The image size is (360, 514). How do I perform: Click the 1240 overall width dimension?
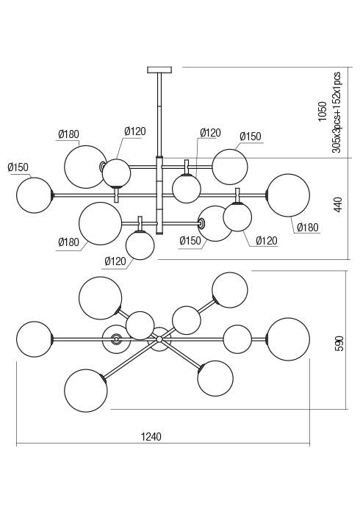coord(151,437)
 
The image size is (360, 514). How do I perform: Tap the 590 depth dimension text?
coord(339,343)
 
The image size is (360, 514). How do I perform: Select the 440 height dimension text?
coord(338,204)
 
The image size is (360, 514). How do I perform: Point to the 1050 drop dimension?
coord(323,112)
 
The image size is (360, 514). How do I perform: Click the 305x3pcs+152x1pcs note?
coord(336,112)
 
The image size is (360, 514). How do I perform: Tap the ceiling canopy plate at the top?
coord(159,70)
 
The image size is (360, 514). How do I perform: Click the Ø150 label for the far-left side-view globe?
coord(18,167)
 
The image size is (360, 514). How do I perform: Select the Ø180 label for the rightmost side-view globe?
coord(308,227)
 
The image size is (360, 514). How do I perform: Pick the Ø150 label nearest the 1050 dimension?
coord(251,137)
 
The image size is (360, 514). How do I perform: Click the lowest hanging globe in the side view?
coord(140,245)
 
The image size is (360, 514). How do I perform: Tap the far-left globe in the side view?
coord(35,195)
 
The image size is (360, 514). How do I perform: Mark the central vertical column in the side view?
coord(159,195)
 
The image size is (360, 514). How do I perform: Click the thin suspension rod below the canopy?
coord(159,115)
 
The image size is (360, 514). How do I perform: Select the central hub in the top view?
coord(159,339)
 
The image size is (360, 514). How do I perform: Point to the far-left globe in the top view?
coord(35,339)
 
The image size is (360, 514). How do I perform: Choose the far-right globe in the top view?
coord(288,339)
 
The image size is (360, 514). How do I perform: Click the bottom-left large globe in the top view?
coord(86,391)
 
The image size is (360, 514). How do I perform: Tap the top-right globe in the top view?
coord(230,290)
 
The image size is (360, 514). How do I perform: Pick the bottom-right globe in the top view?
coord(215,379)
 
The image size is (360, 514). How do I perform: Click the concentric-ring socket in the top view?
coord(116,339)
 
